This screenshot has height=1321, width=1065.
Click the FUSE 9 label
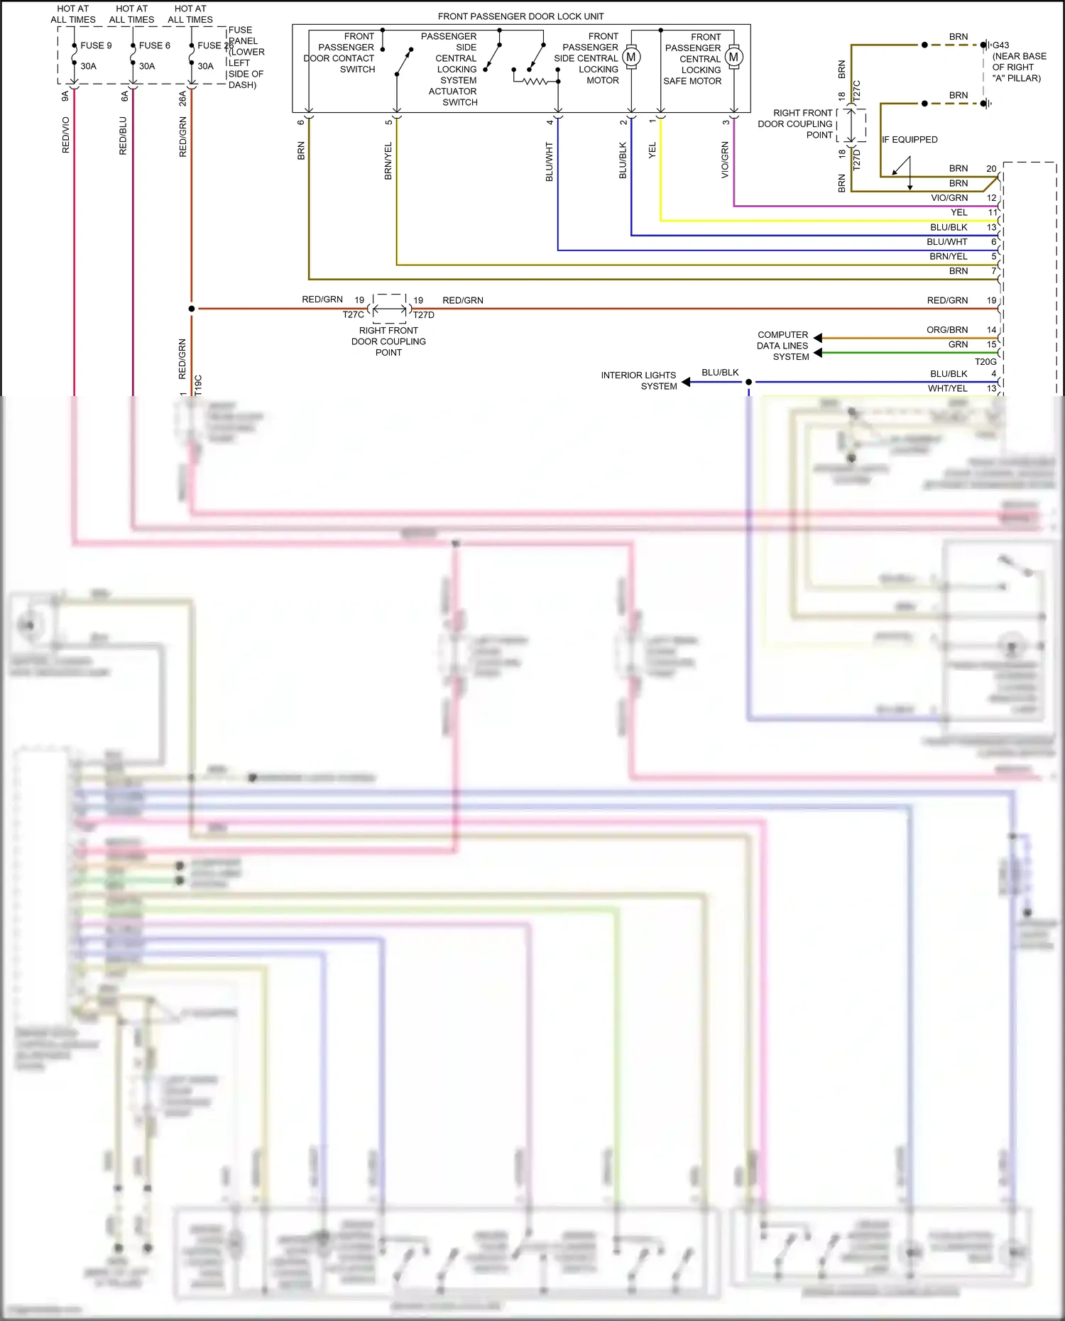tap(96, 45)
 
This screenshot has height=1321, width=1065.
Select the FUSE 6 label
tap(154, 45)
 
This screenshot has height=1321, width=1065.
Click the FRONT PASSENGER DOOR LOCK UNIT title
tap(520, 16)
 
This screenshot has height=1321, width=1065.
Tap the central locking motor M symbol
tap(630, 57)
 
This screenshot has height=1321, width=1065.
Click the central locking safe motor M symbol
tap(733, 57)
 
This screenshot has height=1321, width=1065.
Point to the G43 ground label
tap(1000, 45)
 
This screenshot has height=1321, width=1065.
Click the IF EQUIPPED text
tap(910, 140)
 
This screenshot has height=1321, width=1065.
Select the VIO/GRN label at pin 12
tap(949, 198)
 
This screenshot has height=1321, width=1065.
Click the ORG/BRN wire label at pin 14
tap(947, 330)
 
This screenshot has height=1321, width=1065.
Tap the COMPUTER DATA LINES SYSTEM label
tap(782, 346)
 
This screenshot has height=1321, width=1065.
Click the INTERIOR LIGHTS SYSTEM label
tap(638, 380)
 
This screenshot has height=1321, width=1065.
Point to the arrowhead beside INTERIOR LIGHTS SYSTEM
tap(686, 382)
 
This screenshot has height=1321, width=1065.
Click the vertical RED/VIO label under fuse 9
tap(66, 135)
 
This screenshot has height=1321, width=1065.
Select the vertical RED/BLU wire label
tap(124, 136)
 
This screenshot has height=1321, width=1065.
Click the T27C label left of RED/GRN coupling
tap(353, 315)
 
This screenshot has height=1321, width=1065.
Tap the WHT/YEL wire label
tap(947, 388)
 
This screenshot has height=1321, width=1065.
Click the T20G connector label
tap(985, 362)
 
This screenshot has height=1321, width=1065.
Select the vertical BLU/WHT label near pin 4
tap(549, 162)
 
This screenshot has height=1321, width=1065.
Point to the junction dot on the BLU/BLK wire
tap(748, 382)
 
